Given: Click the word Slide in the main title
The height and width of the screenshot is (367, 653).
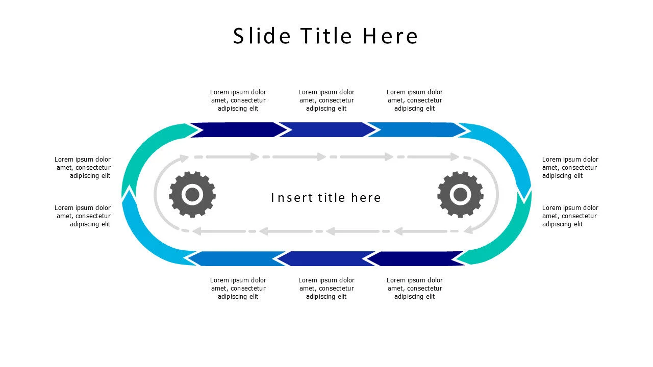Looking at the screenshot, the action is [x=262, y=36].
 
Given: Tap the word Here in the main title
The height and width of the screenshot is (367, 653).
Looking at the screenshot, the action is [x=390, y=36].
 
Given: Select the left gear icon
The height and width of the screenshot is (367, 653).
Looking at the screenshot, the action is [x=192, y=194].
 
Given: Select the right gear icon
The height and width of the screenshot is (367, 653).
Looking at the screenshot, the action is [x=460, y=194].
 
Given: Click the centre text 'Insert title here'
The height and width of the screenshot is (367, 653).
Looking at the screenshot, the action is [x=326, y=198].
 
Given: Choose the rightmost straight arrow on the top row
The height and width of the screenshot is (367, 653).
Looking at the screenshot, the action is [x=417, y=129].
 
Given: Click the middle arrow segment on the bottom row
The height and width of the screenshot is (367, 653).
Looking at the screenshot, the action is [x=326, y=258].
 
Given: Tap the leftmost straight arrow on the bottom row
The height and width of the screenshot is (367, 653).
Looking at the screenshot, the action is [x=237, y=258].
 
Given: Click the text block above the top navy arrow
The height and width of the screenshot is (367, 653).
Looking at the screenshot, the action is [x=238, y=100].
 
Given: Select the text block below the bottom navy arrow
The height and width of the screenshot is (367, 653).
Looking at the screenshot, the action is [x=415, y=289].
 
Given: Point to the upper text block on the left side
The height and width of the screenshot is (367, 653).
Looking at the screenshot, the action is [x=83, y=168].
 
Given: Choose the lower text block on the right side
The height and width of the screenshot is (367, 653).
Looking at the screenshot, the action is [x=570, y=216].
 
